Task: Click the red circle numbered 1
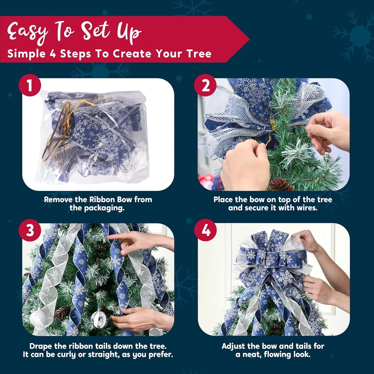30,85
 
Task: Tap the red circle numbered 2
205,85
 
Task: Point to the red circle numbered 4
206,230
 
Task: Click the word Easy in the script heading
27,32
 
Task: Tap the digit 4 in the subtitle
53,54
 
